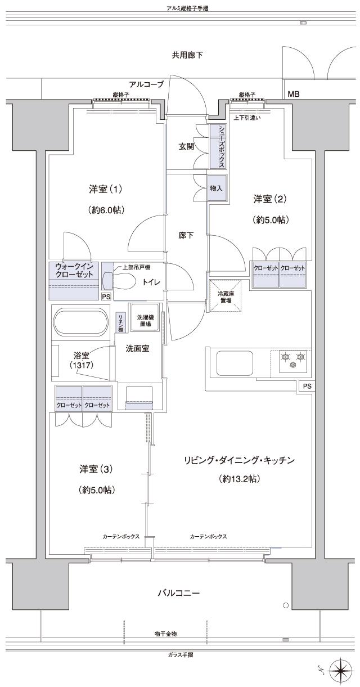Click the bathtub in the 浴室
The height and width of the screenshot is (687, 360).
click(80, 323)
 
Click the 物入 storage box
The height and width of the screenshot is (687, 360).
click(217, 188)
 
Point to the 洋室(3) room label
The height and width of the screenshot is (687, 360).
click(97, 468)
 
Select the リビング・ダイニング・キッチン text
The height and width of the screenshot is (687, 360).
click(238, 460)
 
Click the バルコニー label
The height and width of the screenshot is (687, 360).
click(178, 593)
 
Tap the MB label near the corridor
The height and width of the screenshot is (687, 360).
click(294, 95)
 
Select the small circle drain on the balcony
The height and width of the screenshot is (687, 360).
click(286, 606)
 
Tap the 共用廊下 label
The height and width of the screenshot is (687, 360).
click(187, 55)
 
